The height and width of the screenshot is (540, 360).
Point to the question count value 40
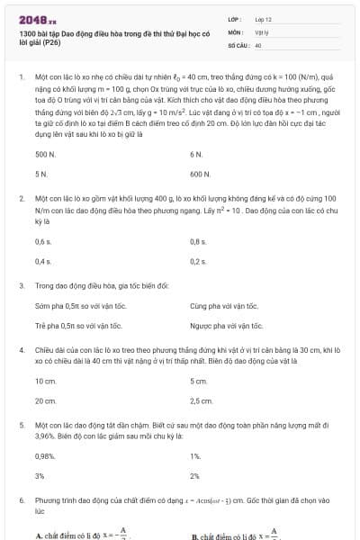point(258,43)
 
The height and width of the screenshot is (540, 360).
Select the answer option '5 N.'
point(40,172)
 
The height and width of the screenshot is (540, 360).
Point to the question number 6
point(20,499)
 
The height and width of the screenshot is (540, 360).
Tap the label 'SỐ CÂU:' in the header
point(238,43)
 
